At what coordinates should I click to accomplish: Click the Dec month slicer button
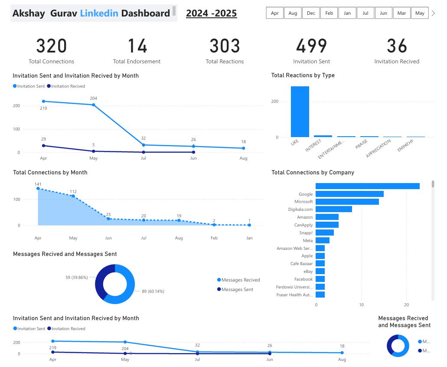(311, 13)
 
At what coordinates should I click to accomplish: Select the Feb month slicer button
(329, 13)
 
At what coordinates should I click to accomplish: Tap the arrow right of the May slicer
(433, 13)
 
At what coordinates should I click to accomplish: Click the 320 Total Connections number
(51, 46)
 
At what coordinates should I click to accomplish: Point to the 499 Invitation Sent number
(311, 46)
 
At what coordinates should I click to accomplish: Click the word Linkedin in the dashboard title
(99, 13)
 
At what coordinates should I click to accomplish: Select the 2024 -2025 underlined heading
(211, 13)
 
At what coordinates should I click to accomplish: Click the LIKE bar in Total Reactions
(300, 111)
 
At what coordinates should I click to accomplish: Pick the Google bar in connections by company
(349, 194)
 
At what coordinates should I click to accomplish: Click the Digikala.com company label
(300, 210)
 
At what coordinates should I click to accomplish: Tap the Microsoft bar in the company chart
(347, 202)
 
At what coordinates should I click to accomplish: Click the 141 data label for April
(38, 184)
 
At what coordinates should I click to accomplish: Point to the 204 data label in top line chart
(93, 98)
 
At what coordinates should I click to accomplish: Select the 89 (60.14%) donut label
(153, 291)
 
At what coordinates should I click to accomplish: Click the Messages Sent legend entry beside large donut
(237, 289)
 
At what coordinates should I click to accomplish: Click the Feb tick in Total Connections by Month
(214, 238)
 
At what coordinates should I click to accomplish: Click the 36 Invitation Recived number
(397, 46)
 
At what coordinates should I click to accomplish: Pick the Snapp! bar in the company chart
(324, 233)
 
